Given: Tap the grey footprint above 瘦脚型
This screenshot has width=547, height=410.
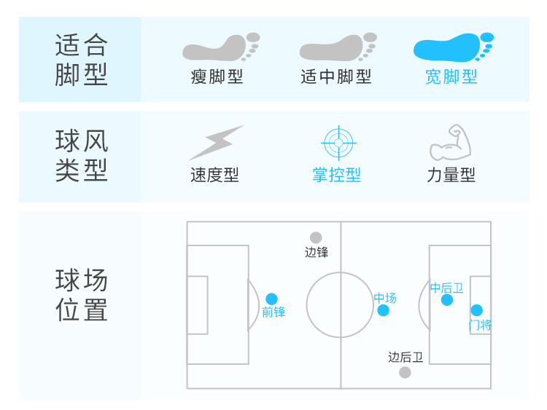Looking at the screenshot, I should (220, 47).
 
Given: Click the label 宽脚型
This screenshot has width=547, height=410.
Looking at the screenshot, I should (451, 76).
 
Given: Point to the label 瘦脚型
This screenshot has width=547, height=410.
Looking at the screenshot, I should (217, 76).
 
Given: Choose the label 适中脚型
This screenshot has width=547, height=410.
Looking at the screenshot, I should (336, 76).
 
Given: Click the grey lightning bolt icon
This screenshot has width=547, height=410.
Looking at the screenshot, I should (215, 143).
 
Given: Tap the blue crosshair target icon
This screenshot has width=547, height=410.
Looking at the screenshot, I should (337, 143).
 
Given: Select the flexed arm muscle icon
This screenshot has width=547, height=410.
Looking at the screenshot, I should (451, 143).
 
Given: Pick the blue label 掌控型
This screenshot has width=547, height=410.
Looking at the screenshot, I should (336, 175).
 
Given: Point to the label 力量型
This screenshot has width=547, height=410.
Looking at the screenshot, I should (451, 175).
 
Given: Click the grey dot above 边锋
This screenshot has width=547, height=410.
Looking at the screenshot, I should (316, 237).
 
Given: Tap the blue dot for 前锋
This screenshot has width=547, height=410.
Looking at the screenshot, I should (272, 299).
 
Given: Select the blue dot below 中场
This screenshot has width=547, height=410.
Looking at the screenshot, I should (384, 310).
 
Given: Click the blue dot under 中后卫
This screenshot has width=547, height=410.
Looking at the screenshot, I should (447, 299).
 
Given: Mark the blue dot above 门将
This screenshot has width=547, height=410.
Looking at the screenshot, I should (476, 310).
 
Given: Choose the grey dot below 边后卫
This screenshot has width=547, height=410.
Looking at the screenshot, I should (405, 372).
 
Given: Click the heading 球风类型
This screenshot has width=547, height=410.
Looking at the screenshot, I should (81, 156).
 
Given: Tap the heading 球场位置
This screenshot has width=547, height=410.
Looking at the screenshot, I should (81, 296).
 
